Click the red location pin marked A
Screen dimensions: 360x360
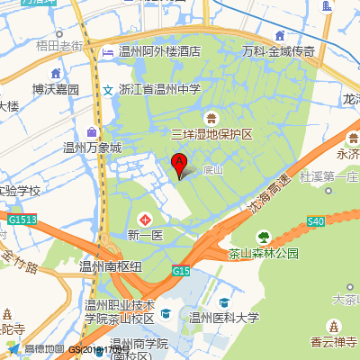tap(178, 164)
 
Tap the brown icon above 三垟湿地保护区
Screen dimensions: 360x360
tap(211, 118)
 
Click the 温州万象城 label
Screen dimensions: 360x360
tap(92, 148)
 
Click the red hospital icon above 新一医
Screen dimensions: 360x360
tap(144, 220)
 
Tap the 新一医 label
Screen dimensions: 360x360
tap(144, 236)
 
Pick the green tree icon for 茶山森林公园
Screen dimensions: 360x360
tap(264, 238)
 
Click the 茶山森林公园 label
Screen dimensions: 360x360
tap(264, 254)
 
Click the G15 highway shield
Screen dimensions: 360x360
tap(182, 271)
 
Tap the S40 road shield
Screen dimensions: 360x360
tap(315, 221)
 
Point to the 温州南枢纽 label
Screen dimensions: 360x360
tap(111, 266)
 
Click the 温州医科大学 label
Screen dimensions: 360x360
tap(223, 317)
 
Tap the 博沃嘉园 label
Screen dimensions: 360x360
tap(56, 90)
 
